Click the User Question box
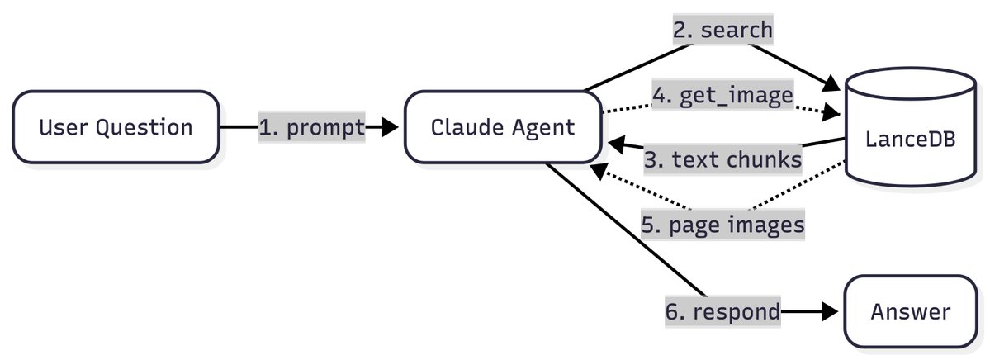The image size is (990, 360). coord(116,127)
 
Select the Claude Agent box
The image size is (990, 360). coord(503,127)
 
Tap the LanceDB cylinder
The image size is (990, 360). coord(910,140)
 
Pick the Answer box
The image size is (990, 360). coord(910,312)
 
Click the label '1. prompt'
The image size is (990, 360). coord(311,127)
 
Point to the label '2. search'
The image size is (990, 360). coord(722,31)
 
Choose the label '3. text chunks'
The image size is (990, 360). coord(722,159)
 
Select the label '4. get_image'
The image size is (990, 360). coord(722,97)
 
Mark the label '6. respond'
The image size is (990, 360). coord(722,312)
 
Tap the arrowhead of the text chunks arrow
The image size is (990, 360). coord(616,146)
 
